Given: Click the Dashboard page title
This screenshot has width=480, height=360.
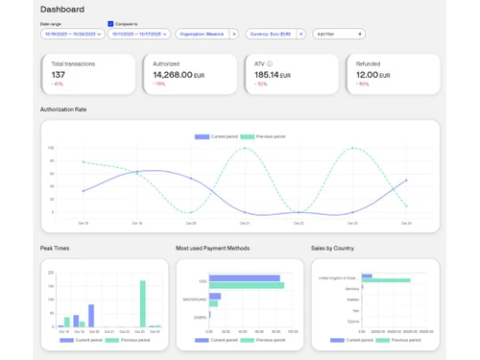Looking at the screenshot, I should (x=62, y=9).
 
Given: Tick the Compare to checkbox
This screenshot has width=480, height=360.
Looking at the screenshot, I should (x=110, y=23).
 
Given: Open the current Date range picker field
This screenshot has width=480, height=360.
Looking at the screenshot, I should (x=72, y=34).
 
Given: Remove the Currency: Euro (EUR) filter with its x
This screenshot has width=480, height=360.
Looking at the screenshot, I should (x=300, y=34).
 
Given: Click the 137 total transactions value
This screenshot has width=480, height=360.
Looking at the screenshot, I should (x=60, y=74).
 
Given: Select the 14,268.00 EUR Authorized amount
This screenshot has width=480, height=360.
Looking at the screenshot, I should (x=179, y=74).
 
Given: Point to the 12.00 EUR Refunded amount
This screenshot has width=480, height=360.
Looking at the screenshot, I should (x=370, y=74).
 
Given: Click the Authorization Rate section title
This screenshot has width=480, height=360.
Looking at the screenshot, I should (x=63, y=109).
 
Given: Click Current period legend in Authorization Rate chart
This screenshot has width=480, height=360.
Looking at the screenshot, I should (x=214, y=136).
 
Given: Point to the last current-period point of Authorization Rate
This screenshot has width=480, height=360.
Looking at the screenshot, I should (x=406, y=180).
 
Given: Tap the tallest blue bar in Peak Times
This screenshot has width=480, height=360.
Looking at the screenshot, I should (x=91, y=316).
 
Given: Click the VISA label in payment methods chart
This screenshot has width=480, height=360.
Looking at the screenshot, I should (x=203, y=281).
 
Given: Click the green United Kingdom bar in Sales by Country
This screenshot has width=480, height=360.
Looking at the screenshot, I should (x=385, y=280).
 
